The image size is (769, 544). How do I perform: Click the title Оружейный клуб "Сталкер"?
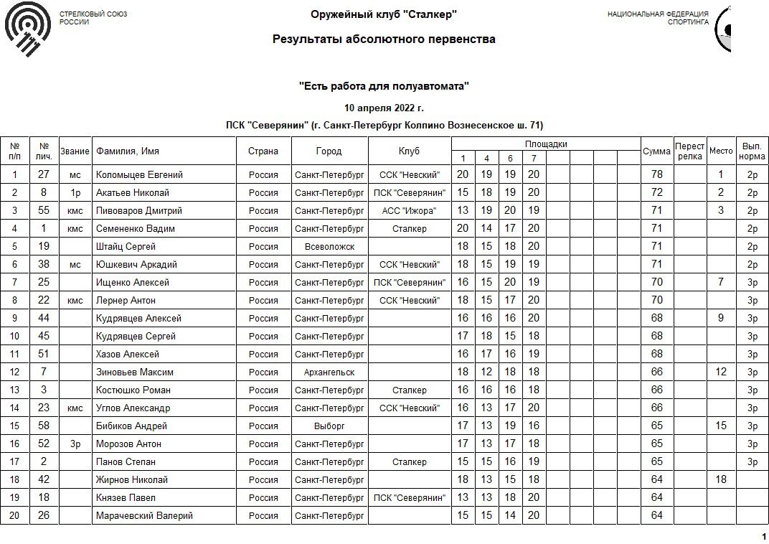[x=384, y=15]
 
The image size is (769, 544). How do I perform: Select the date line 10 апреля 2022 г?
[x=384, y=108]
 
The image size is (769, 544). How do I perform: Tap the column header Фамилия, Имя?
[x=128, y=151]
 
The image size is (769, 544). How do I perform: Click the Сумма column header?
[x=656, y=151]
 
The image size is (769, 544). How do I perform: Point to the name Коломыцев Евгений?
[x=139, y=175]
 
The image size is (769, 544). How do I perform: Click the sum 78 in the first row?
[x=656, y=175]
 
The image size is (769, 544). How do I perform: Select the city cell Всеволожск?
[x=329, y=247]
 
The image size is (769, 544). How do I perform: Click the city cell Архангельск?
[x=329, y=372]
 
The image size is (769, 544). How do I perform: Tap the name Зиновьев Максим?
[x=135, y=372]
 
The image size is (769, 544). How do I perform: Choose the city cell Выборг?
[x=329, y=426]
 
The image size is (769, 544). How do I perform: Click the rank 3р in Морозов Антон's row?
[x=75, y=444]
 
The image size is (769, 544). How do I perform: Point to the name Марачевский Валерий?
[x=144, y=516]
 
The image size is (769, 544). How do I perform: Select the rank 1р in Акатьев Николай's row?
[x=75, y=193]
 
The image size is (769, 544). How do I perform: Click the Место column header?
[x=721, y=151]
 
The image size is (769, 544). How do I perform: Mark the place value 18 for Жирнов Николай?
[x=721, y=480]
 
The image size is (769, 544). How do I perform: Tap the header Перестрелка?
[x=690, y=151]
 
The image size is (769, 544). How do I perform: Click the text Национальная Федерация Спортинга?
[x=658, y=18]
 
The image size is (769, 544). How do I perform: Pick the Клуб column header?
[x=410, y=151]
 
